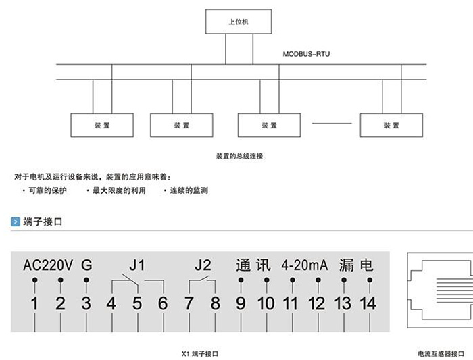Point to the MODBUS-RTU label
[x=307, y=54]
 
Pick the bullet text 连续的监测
[x=189, y=191]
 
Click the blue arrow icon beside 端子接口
[x=15, y=222]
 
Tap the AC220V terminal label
[x=47, y=264]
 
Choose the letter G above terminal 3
[x=86, y=264]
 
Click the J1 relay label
[x=136, y=263]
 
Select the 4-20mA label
[x=304, y=264]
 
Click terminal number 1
[x=34, y=304]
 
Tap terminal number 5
[x=137, y=304]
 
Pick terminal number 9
[x=241, y=304]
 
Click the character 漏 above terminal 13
[x=347, y=264]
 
